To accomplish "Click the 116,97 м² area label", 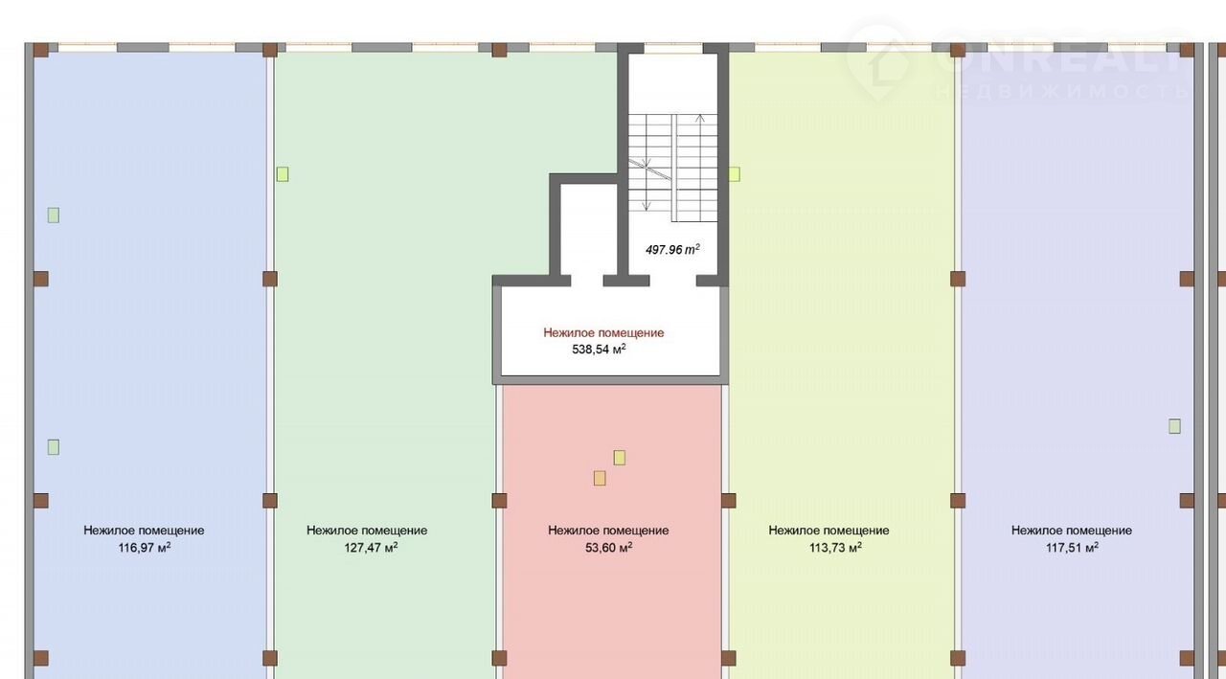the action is pos(145,547).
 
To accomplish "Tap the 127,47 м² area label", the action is pos(371,547).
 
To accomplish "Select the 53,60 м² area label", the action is pos(608,547).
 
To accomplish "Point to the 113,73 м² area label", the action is pos(836,547).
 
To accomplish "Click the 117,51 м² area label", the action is pos(1072,547).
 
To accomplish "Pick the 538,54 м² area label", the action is pos(599,349).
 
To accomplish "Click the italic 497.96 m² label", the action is pos(672,250).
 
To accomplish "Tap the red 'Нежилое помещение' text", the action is pos(603,332).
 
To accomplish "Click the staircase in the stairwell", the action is pos(672,168).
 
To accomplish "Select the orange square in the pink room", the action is pos(600,478).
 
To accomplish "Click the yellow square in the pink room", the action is pos(620,458).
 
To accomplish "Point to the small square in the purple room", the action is pos(1174,426).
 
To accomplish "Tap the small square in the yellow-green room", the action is pos(735,174).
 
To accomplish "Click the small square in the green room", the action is pos(283,174).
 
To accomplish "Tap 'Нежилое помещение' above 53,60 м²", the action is pos(608,531).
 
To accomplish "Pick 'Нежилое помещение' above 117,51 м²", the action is pos(1072,531).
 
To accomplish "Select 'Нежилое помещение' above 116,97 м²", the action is pos(144,531).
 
